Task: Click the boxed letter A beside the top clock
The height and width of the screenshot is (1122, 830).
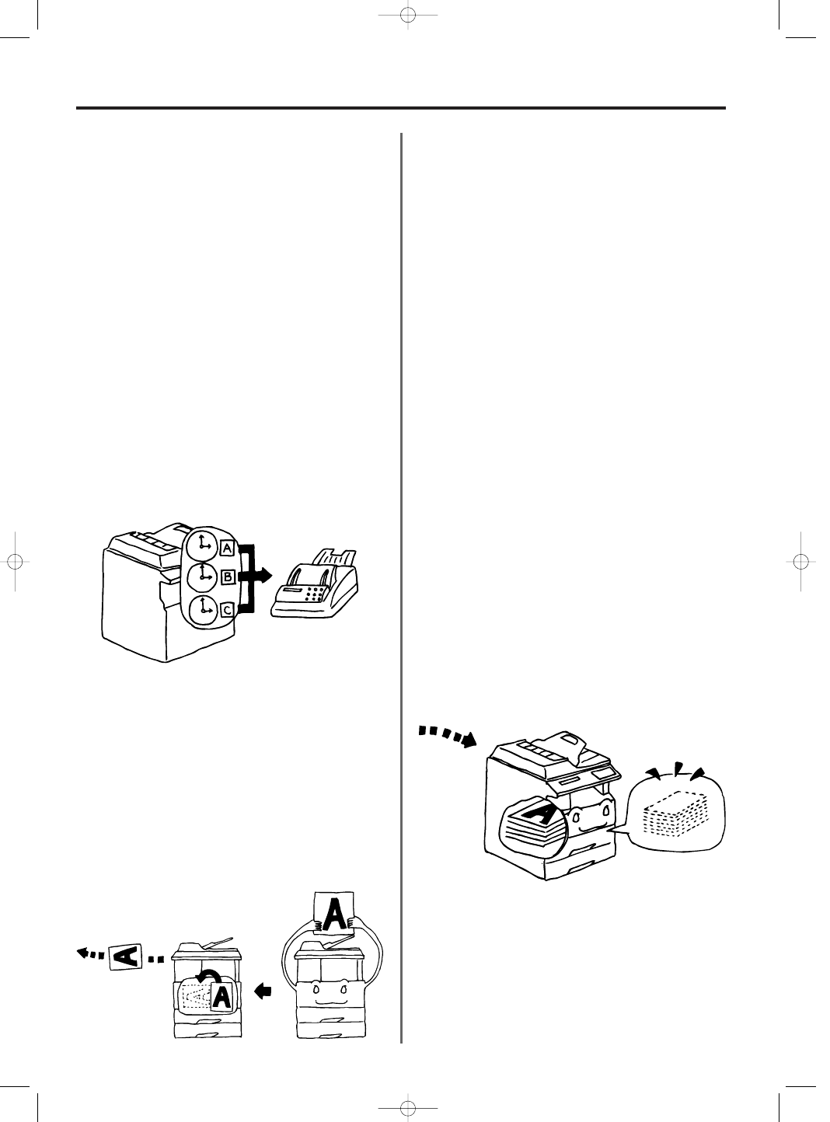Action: click(227, 549)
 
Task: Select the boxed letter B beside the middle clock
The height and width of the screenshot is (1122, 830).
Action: click(228, 577)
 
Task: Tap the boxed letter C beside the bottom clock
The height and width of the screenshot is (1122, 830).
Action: click(227, 610)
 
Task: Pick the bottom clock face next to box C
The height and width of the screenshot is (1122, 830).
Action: click(203, 609)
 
